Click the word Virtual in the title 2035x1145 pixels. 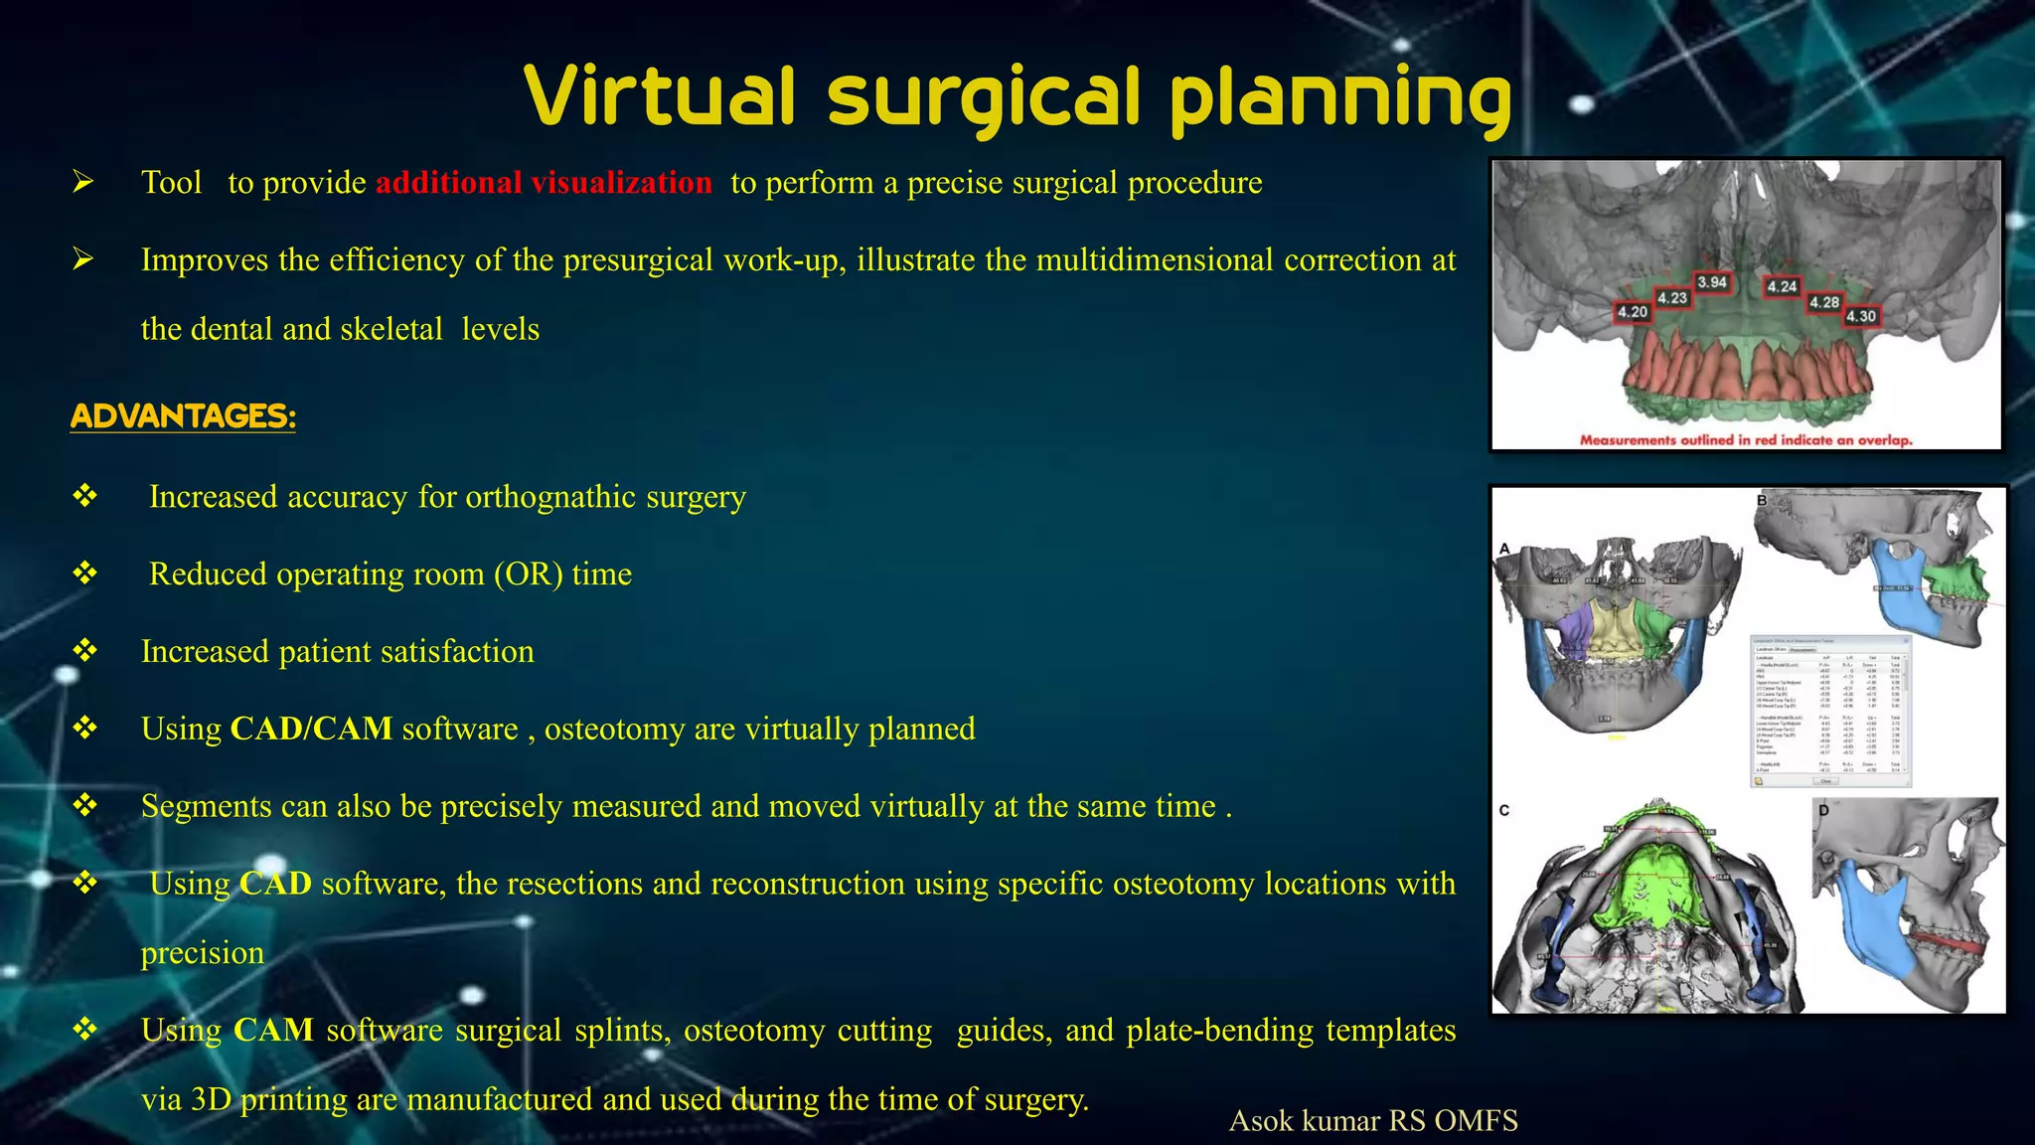point(660,96)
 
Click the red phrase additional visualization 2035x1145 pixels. point(544,183)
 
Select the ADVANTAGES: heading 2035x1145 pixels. point(183,415)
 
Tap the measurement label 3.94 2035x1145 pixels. point(1712,282)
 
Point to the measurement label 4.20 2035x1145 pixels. point(1633,312)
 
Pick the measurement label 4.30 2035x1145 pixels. point(1861,316)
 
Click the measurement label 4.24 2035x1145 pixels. point(1782,286)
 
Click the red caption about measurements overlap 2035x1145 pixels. point(1746,439)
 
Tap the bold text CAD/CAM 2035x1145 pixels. point(311,729)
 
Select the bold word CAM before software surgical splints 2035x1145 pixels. point(273,1030)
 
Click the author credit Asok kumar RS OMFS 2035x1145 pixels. point(1373,1120)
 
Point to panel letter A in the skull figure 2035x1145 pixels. point(1504,549)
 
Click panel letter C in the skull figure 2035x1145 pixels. point(1504,810)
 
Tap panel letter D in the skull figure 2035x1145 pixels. point(1823,810)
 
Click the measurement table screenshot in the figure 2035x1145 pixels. point(1829,712)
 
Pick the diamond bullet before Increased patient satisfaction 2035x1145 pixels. point(85,651)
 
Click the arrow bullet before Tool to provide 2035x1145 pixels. point(83,182)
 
